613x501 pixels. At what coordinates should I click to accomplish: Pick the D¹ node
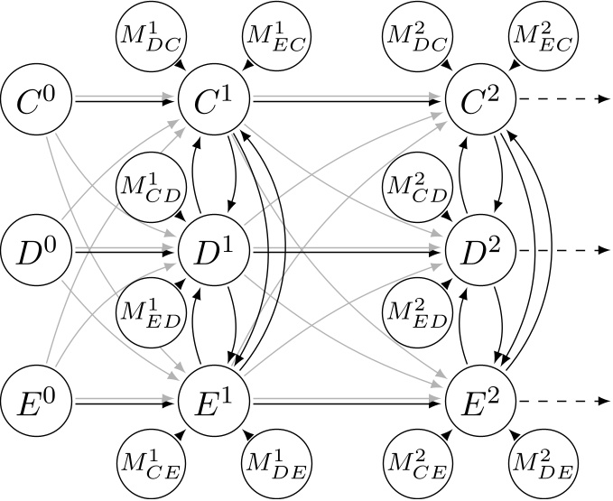pyautogui.click(x=215, y=250)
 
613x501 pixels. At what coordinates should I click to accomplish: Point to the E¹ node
pyautogui.click(x=215, y=401)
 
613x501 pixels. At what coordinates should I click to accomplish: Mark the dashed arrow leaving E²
pyautogui.click(x=560, y=401)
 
